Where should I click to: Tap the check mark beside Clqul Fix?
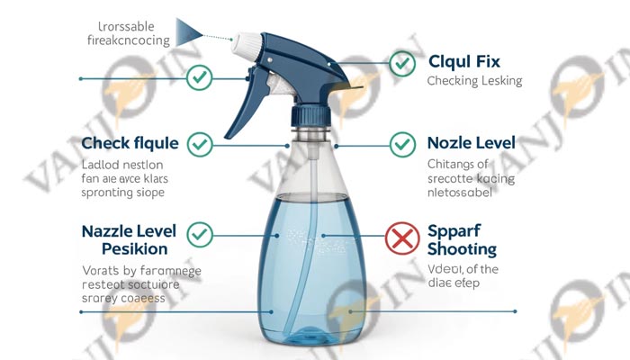pos(401,64)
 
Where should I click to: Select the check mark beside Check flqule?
pos(199,144)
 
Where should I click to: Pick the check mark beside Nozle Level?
pos(401,144)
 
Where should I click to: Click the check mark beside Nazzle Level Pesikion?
pos(199,235)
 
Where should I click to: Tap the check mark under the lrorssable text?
pos(199,77)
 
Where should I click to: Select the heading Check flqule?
pos(129,143)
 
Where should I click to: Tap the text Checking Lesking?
pos(474,81)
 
